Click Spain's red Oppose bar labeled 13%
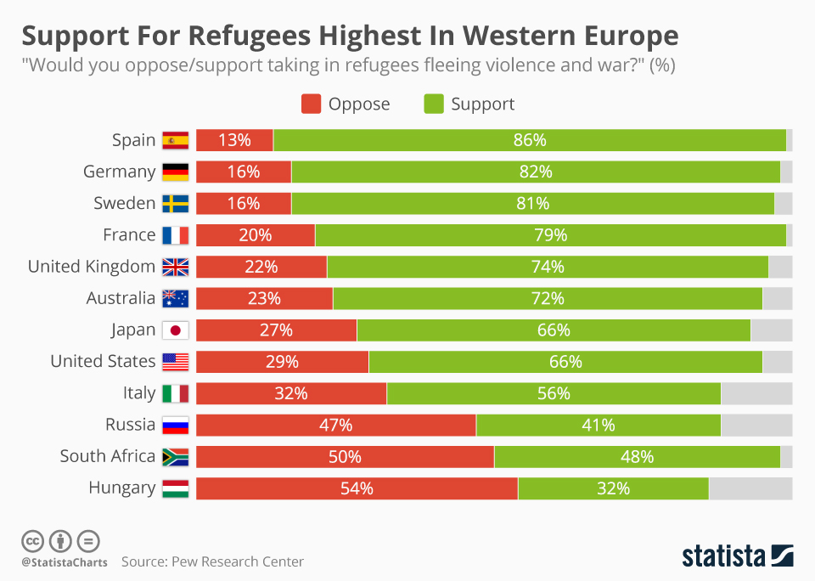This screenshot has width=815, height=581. [x=234, y=140]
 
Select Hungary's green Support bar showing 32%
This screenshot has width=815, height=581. [x=613, y=488]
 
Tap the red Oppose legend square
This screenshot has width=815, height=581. [x=312, y=104]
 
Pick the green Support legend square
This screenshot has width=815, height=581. [x=433, y=104]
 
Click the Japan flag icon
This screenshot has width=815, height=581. [x=175, y=330]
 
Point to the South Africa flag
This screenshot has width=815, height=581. [x=175, y=457]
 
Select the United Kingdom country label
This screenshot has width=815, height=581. [x=92, y=267]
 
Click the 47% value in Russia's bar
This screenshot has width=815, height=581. [x=334, y=425]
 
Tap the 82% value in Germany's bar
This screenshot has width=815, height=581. [x=536, y=172]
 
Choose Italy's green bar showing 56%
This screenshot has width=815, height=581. [x=554, y=393]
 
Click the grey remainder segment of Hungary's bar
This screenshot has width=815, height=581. [x=750, y=488]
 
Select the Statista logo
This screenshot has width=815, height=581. [x=737, y=556]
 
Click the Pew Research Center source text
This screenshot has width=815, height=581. [x=212, y=561]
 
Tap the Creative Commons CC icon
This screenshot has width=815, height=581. [x=32, y=540]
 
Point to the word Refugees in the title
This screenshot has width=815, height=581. [x=261, y=36]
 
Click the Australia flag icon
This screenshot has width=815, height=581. [x=175, y=298]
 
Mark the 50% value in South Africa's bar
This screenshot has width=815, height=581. [x=345, y=457]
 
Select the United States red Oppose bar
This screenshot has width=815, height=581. [x=282, y=362]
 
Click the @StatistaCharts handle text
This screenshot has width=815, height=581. [x=65, y=562]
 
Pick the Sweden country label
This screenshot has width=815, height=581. [x=125, y=204]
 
